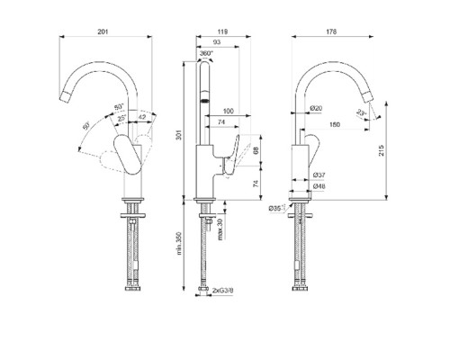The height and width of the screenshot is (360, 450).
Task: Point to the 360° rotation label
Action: [x=206, y=54]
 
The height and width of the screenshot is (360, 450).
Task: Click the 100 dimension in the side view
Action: [x=227, y=111]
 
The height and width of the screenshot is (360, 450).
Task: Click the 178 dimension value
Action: [x=332, y=33]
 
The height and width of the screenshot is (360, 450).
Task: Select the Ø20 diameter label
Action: [x=317, y=109]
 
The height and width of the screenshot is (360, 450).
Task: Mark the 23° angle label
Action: [x=361, y=112]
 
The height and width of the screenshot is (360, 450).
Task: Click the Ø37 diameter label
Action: [x=318, y=175]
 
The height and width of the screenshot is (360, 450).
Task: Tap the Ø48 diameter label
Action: [x=318, y=186]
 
